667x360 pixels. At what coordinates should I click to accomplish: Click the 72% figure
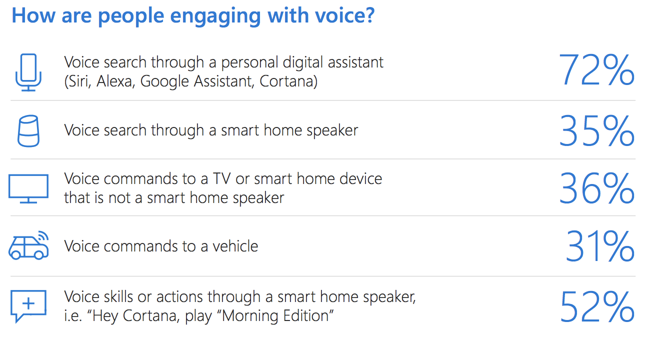596,70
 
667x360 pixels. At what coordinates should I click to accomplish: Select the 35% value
596,131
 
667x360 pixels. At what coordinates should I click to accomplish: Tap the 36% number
596,188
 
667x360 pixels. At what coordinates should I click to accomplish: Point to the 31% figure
599,246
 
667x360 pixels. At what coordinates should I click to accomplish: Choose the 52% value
596,307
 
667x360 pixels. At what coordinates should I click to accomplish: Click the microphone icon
28,72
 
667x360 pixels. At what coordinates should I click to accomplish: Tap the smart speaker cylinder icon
28,131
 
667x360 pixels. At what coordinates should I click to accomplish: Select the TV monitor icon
28,188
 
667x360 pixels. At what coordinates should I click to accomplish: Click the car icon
28,245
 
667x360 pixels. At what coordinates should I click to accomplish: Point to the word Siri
78,81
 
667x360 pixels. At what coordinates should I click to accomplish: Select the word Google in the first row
164,81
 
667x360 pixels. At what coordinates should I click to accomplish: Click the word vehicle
235,246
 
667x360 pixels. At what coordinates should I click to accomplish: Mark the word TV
222,178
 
